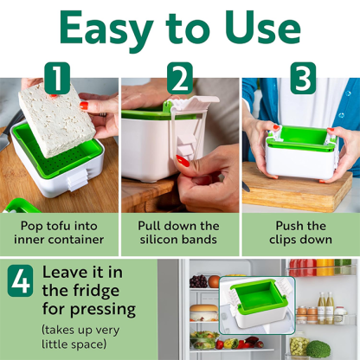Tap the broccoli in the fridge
point(318,349)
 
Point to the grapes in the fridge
point(201,281)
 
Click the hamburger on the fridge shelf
point(203,313)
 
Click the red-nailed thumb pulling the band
point(183,161)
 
